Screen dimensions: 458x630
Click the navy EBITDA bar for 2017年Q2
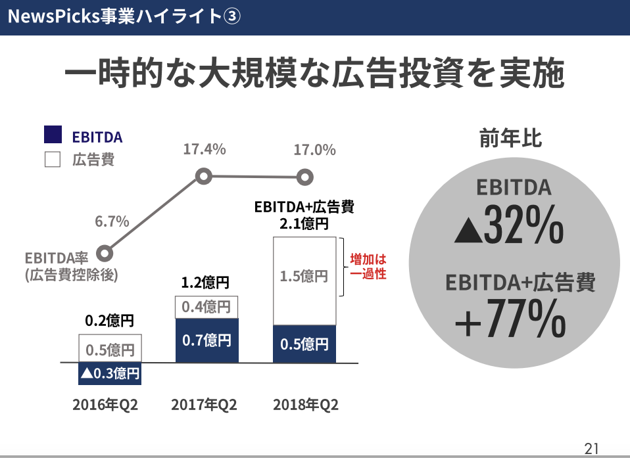207,340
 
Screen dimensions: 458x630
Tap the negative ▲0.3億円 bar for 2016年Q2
110,373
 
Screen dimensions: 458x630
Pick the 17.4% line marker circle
205,176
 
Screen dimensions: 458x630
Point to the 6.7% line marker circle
104,252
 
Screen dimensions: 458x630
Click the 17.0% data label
314,150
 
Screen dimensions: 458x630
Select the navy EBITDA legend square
53,135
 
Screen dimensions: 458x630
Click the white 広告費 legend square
53,160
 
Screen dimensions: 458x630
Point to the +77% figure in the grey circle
510,319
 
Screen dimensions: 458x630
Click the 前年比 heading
510,139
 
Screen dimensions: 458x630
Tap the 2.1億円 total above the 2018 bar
304,223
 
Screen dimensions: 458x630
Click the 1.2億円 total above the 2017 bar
205,283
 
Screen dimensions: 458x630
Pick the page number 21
591,448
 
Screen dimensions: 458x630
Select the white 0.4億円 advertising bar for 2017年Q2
207,307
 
